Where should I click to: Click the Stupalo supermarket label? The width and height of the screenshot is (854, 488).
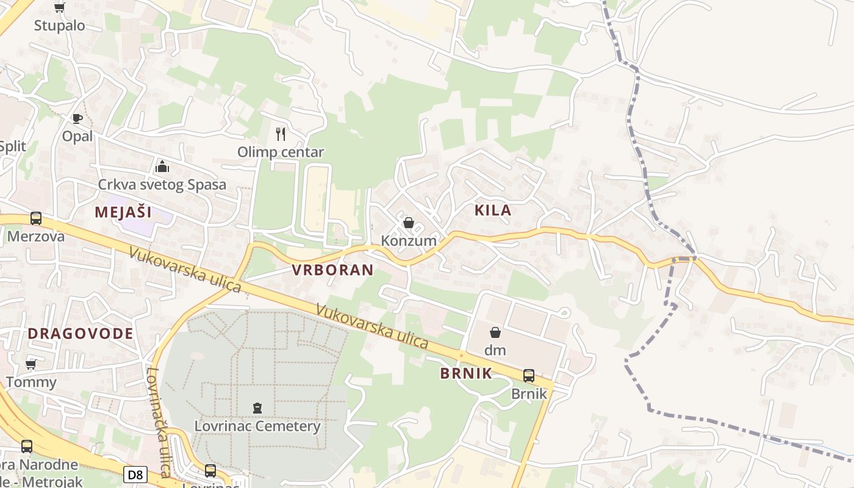59,26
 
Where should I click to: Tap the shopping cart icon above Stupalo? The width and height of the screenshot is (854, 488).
59,8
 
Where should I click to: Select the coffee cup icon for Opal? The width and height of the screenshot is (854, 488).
77,118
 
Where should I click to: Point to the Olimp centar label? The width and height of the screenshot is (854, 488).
281,152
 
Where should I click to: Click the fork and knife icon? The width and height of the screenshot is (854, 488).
281,134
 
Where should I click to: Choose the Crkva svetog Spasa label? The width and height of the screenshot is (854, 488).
162,184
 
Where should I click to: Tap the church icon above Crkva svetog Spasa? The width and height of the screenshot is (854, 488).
162,166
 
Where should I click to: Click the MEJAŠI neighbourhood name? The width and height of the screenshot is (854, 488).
123,212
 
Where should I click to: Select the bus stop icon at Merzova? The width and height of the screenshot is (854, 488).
36,218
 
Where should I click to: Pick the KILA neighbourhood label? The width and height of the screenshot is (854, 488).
493,210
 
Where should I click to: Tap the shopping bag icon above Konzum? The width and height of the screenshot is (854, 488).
409,223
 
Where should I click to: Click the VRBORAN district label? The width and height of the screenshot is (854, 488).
332,270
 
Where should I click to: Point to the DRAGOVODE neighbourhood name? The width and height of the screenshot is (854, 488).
81,333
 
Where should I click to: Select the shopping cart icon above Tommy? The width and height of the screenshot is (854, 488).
31,365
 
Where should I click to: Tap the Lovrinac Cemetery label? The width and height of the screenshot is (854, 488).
257,426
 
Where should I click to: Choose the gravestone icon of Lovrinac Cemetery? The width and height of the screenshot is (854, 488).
257,407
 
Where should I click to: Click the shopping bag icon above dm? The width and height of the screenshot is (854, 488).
495,332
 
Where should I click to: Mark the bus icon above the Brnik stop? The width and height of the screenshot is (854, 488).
529,376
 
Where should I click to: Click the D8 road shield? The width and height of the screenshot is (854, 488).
135,474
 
